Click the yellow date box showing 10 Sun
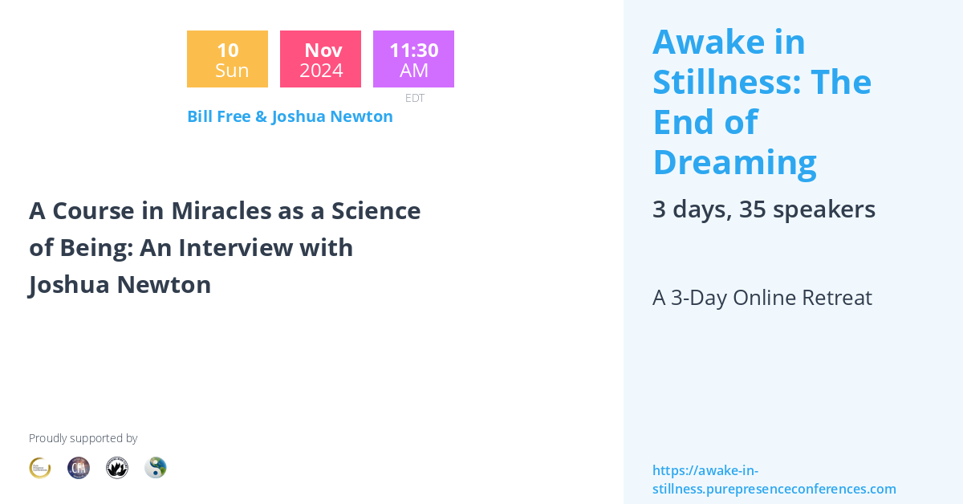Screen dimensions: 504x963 pyautogui.click(x=227, y=59)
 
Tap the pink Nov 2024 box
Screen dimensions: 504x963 pyautogui.click(x=320, y=59)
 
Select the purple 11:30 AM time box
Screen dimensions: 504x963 pyautogui.click(x=413, y=59)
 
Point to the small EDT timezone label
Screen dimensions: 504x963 pyautogui.click(x=414, y=98)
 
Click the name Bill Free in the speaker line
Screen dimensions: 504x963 pyautogui.click(x=217, y=116)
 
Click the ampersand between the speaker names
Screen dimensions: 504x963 pyautogui.click(x=261, y=116)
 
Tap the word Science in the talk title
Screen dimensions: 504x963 pyautogui.click(x=378, y=211)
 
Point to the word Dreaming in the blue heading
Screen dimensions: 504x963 pyautogui.click(x=734, y=162)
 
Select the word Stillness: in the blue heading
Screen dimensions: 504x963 pyautogui.click(x=727, y=82)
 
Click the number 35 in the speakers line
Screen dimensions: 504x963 pyautogui.click(x=752, y=209)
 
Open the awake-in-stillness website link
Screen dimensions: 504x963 pyautogui.click(x=774, y=480)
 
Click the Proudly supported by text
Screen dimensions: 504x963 pyautogui.click(x=83, y=438)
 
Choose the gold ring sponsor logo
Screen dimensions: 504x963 pyautogui.click(x=40, y=468)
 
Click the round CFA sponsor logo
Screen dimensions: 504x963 pyautogui.click(x=79, y=468)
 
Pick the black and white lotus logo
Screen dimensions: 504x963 pyautogui.click(x=117, y=468)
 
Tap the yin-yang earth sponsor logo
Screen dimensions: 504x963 pyautogui.click(x=156, y=468)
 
